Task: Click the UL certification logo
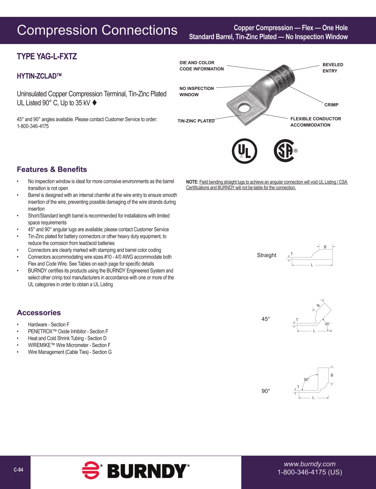pos(244,151)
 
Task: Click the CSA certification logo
pos(284,151)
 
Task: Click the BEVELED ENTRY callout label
pos(333,68)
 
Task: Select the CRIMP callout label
pos(331,105)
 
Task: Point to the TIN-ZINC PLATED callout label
pos(196,121)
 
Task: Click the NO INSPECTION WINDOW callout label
pos(196,91)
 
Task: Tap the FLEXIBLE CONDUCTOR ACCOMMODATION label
pos(316,122)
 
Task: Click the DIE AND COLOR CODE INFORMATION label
pos(201,66)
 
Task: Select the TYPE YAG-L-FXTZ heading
pos(47,57)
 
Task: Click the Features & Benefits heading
pos(52,169)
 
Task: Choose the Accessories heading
pos(39,313)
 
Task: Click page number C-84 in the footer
pos(18,470)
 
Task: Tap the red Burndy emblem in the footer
pos(91,470)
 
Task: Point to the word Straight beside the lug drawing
pos(267,255)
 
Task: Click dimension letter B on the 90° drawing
pos(332,375)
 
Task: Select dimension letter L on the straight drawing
pos(312,265)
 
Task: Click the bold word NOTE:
pos(192,182)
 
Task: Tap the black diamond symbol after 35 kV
pos(95,102)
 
